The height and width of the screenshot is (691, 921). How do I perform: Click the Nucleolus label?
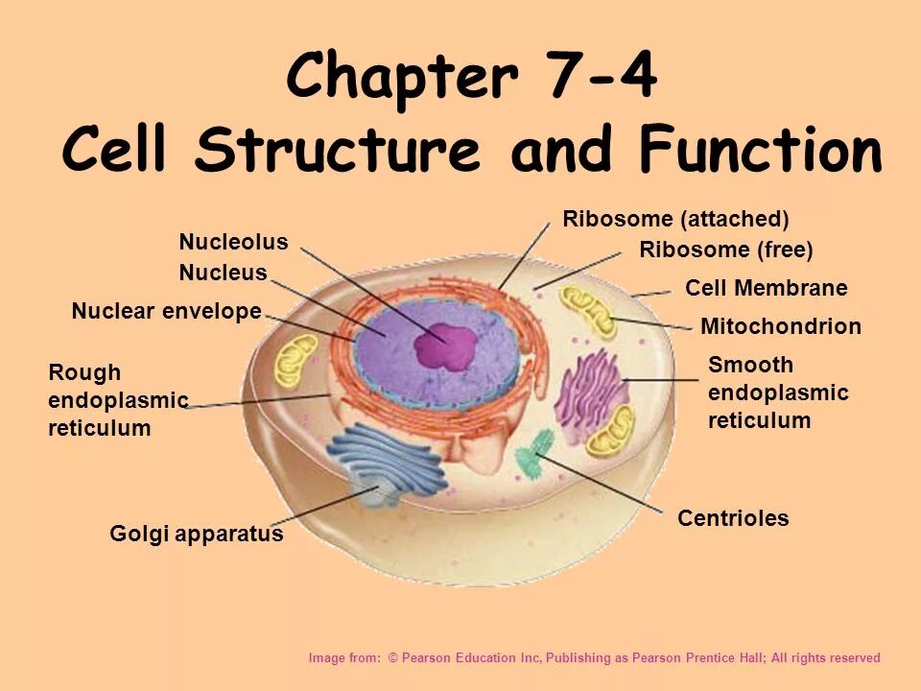233,242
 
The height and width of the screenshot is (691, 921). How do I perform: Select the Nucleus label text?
223,274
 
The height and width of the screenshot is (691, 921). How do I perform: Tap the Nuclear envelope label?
166,311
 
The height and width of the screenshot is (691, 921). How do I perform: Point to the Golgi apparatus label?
197,534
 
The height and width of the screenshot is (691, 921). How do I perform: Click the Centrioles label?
733,518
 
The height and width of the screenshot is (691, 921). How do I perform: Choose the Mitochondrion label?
781,326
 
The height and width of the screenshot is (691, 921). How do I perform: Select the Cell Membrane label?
766,288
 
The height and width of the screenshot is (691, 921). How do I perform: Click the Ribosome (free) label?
725,250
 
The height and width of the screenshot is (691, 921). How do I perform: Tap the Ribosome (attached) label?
675,219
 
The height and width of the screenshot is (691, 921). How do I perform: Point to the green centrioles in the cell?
534,452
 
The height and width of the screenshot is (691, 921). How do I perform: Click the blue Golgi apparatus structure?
384,461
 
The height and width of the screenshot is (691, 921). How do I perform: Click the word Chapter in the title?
402,77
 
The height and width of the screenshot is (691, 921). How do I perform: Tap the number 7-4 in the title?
602,77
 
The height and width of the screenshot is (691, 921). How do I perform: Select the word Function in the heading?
760,151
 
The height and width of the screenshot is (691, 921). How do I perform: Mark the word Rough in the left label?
84,372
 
